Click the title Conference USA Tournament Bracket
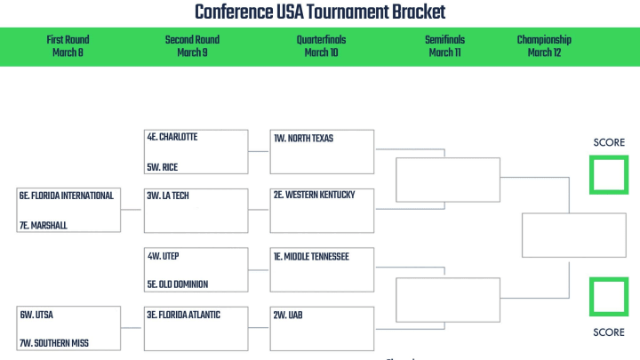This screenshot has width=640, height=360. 320,12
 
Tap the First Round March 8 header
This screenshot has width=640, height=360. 68,45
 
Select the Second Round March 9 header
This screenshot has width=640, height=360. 192,45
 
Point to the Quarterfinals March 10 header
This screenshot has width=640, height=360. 321,45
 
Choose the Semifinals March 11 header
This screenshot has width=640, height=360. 445,45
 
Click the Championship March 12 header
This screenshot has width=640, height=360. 544,45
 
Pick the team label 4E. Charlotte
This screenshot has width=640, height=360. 172,137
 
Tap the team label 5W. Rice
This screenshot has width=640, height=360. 163,167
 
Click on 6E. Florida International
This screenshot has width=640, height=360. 67,196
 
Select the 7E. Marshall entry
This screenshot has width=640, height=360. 44,225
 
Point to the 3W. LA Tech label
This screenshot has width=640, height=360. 168,196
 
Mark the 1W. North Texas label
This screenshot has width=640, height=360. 303,139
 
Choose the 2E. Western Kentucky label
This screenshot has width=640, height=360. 315,195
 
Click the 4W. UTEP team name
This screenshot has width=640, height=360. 164,256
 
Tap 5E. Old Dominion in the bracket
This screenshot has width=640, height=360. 178,284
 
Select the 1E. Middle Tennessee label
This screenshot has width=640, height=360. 311,257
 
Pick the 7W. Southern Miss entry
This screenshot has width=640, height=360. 54,343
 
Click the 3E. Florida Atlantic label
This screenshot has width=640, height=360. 184,315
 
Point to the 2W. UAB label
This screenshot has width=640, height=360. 288,315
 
